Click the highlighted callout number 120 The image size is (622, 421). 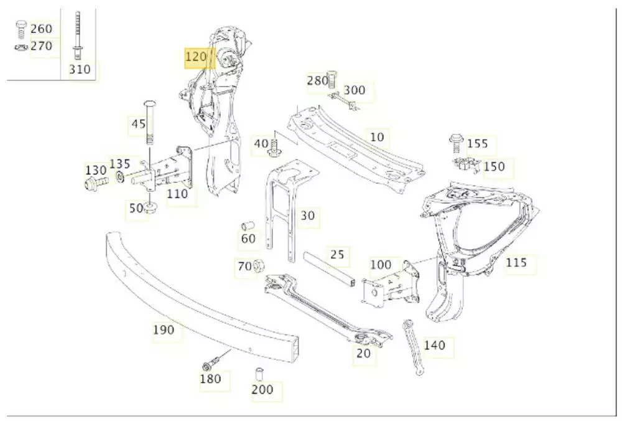point(196,58)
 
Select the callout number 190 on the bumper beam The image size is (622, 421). point(164,330)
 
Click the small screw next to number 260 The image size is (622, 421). point(21,27)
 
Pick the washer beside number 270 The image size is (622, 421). point(21,47)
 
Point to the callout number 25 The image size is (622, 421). point(337,255)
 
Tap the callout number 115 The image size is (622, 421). point(516,263)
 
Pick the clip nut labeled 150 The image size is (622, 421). point(466,165)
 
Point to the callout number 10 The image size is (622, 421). point(377,136)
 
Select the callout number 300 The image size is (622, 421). point(355,90)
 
